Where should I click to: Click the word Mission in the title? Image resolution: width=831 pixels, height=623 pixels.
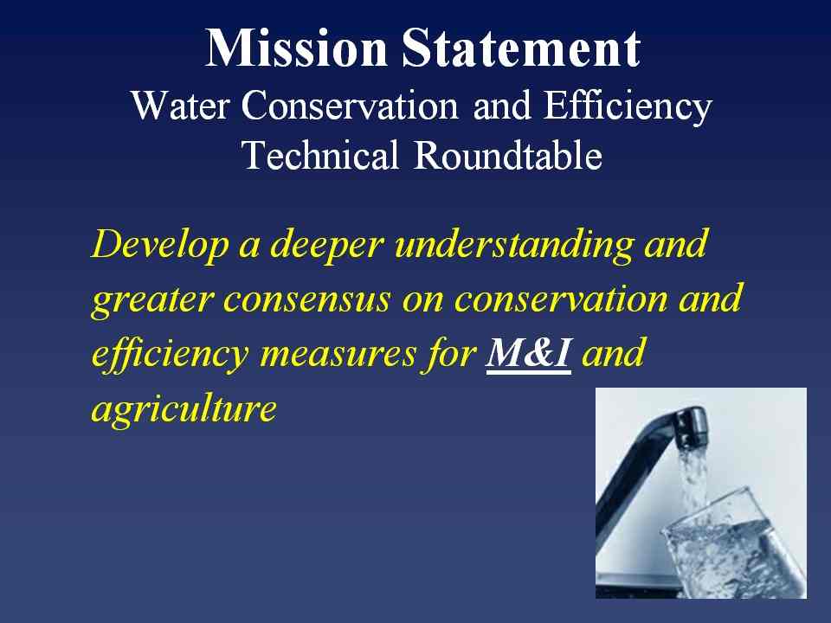point(296,48)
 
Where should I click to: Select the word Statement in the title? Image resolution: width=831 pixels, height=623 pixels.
point(521,48)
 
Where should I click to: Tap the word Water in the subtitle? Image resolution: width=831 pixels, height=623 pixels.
point(180,105)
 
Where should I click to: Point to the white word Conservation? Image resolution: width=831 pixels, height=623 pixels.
point(350,105)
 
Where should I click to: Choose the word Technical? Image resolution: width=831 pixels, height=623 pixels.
point(319,155)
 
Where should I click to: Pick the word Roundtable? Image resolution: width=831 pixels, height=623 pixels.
point(508,155)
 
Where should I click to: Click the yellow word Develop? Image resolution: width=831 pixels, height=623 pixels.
point(159,246)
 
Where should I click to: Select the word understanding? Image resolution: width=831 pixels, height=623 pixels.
point(514,246)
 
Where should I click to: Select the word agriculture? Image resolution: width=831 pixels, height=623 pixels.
point(184,410)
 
